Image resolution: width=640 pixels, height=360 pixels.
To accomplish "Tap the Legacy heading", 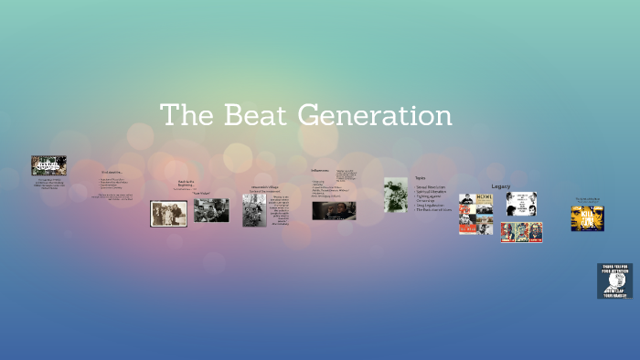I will coord(501,185).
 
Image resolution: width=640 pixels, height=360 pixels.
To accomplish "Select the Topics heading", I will coord(421,177).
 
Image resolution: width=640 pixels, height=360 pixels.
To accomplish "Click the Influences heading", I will coord(319,169).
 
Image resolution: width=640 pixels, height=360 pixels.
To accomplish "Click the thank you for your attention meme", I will coord(614,281).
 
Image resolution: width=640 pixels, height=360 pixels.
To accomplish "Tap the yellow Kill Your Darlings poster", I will coord(587,217).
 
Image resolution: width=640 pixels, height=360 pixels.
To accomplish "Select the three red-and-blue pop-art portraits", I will coord(521,232).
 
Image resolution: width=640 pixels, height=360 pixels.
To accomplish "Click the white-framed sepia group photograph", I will coord(168,214).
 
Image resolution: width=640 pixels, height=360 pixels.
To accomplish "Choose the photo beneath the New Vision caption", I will coord(211,210).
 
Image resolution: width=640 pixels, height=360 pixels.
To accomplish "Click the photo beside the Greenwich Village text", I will coord(254,209).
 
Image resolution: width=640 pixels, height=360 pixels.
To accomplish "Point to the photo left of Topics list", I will coord(396,195).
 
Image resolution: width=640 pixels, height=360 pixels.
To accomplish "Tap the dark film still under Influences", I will coord(334,210).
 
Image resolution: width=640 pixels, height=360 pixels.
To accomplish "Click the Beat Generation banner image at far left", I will coord(48,165).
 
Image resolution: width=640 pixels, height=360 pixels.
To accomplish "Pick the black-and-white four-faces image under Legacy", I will coord(521,203).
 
